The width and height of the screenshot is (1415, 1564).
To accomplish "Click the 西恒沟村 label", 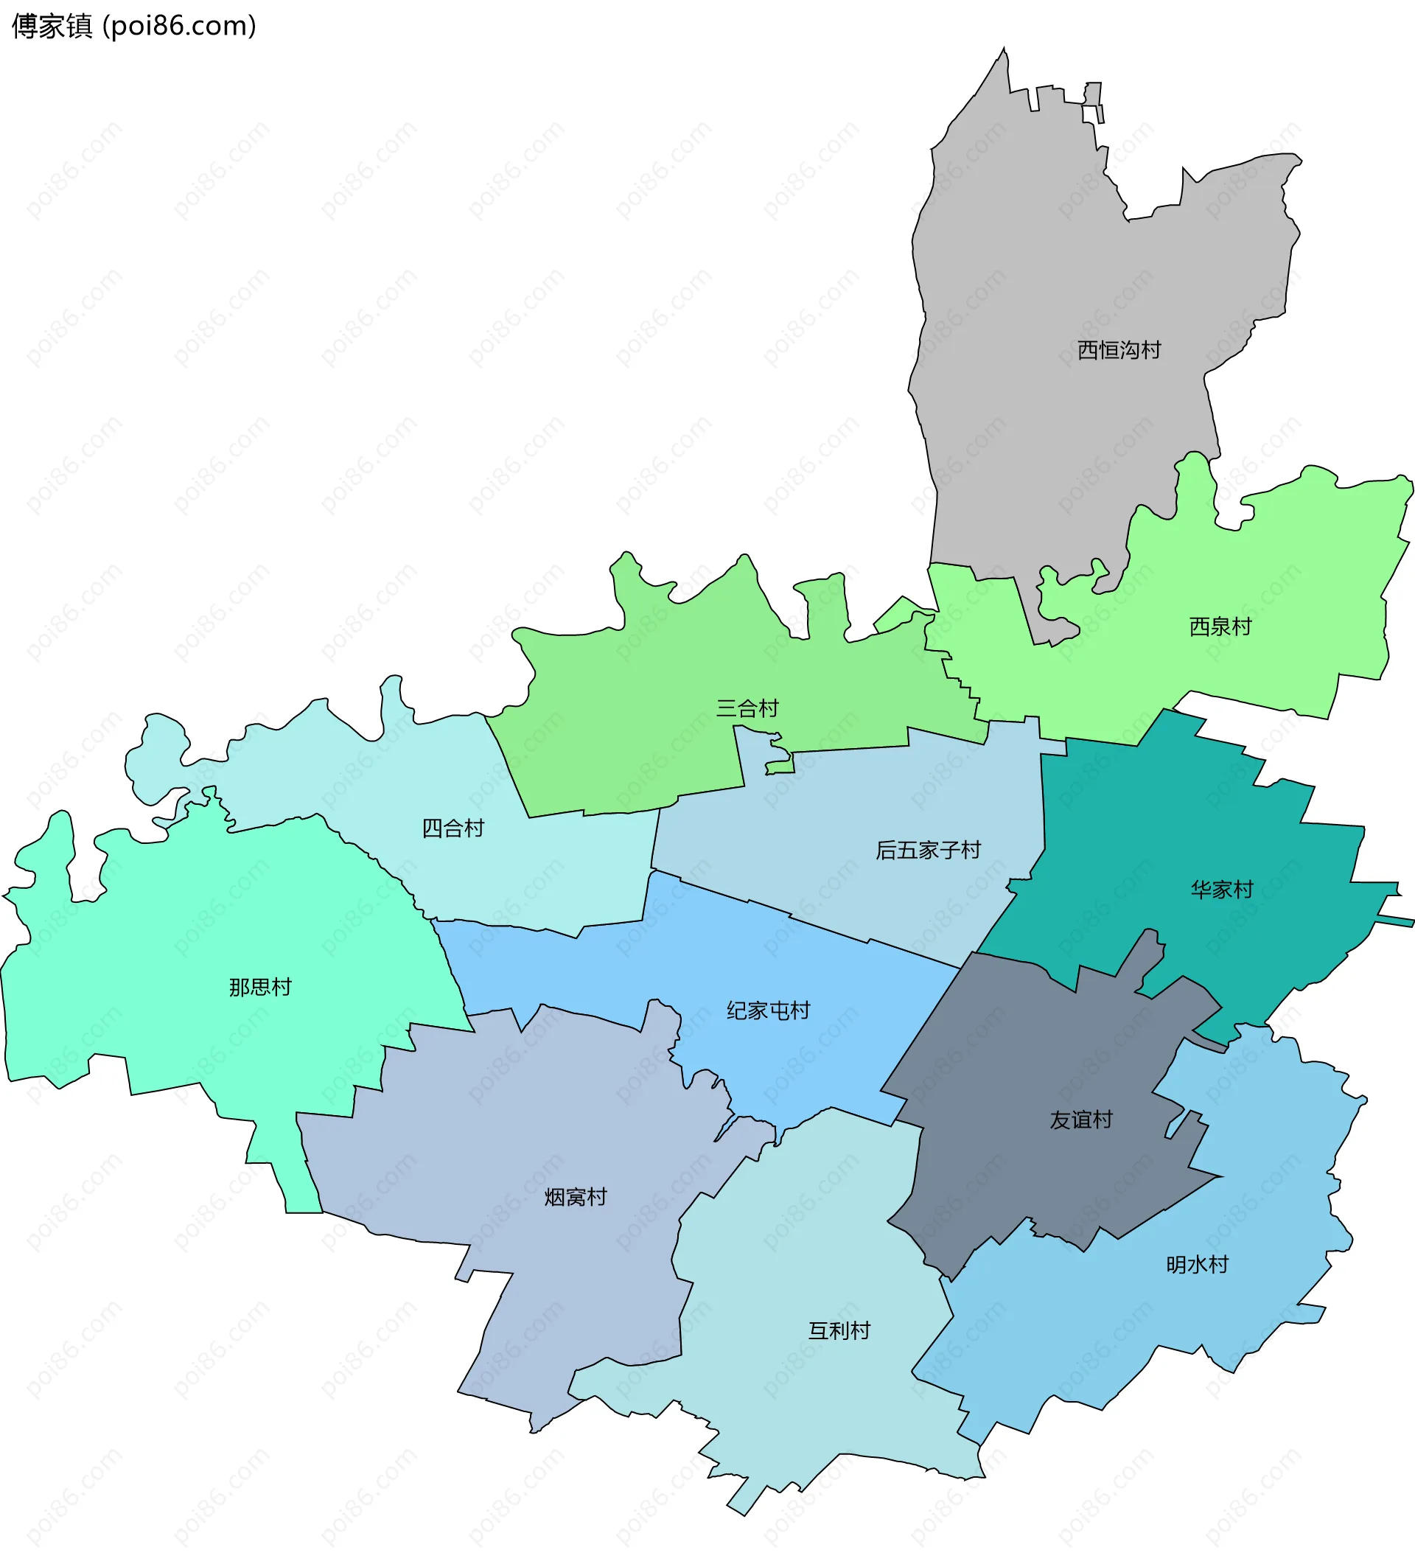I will tap(1119, 351).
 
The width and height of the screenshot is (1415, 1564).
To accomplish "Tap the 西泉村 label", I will tap(1220, 626).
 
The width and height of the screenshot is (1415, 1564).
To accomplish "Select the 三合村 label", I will tap(747, 708).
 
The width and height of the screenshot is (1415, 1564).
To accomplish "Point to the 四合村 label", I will tap(453, 828).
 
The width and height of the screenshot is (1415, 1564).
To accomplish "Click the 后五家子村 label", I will tap(928, 851).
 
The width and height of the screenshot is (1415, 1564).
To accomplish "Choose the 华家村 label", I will tap(1222, 890).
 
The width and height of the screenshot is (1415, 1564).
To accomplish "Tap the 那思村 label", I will tap(260, 988).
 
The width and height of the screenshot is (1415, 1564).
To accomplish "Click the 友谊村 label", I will tap(1080, 1120).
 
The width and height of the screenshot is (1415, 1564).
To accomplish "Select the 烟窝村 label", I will tap(575, 1197).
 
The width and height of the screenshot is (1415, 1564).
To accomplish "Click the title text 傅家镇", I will tap(52, 27).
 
